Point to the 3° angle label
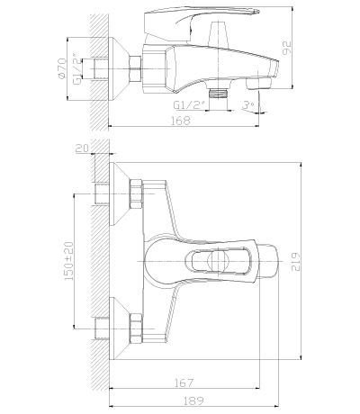pos(248,106)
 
